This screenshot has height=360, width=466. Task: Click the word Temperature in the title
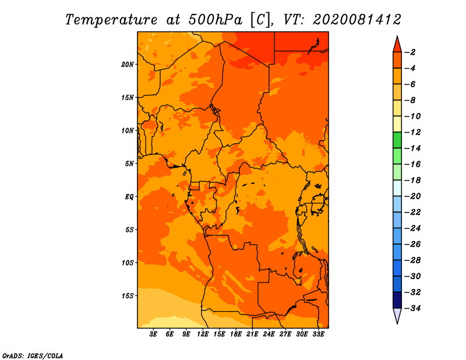point(111,20)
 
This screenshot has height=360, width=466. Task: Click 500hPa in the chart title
point(216,19)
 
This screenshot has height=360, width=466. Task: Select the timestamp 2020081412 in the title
point(357,19)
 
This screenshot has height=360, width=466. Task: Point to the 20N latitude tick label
point(128,65)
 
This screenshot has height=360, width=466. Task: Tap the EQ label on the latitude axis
point(129,197)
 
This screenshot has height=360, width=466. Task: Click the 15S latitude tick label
point(128,296)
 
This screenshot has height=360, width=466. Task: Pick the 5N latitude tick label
point(129,164)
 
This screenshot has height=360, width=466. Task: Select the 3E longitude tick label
point(153,334)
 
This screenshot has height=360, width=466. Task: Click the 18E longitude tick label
point(236,334)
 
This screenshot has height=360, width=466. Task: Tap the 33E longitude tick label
point(318,334)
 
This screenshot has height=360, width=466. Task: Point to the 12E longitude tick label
point(203,334)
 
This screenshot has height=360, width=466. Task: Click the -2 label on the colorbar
point(410,52)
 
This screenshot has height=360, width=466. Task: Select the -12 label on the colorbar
point(412,132)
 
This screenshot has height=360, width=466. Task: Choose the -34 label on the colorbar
point(412,308)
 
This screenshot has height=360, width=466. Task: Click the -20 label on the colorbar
point(412,196)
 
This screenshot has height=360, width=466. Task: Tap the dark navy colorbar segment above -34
point(397,300)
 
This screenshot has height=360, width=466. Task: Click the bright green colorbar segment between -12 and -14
point(397,140)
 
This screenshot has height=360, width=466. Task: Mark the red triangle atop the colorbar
point(397,45)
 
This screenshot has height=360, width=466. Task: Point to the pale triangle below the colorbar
point(397,316)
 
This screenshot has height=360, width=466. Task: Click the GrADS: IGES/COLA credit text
point(33,356)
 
